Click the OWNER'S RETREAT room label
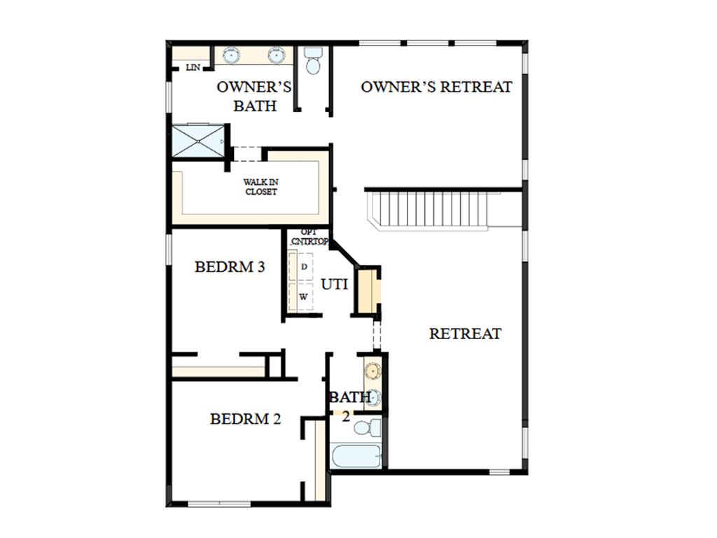436,87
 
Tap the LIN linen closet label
193,68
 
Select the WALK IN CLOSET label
260,187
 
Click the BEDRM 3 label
230,267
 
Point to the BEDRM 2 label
245,419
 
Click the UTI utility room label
334,284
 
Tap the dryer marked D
301,266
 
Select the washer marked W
301,296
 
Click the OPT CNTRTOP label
309,237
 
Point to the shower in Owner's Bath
198,141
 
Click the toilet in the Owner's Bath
313,60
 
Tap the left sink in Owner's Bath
231,55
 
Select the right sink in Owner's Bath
276,55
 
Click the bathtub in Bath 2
356,456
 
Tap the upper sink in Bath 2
373,370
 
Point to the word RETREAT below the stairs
465,333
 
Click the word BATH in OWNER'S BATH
255,106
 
